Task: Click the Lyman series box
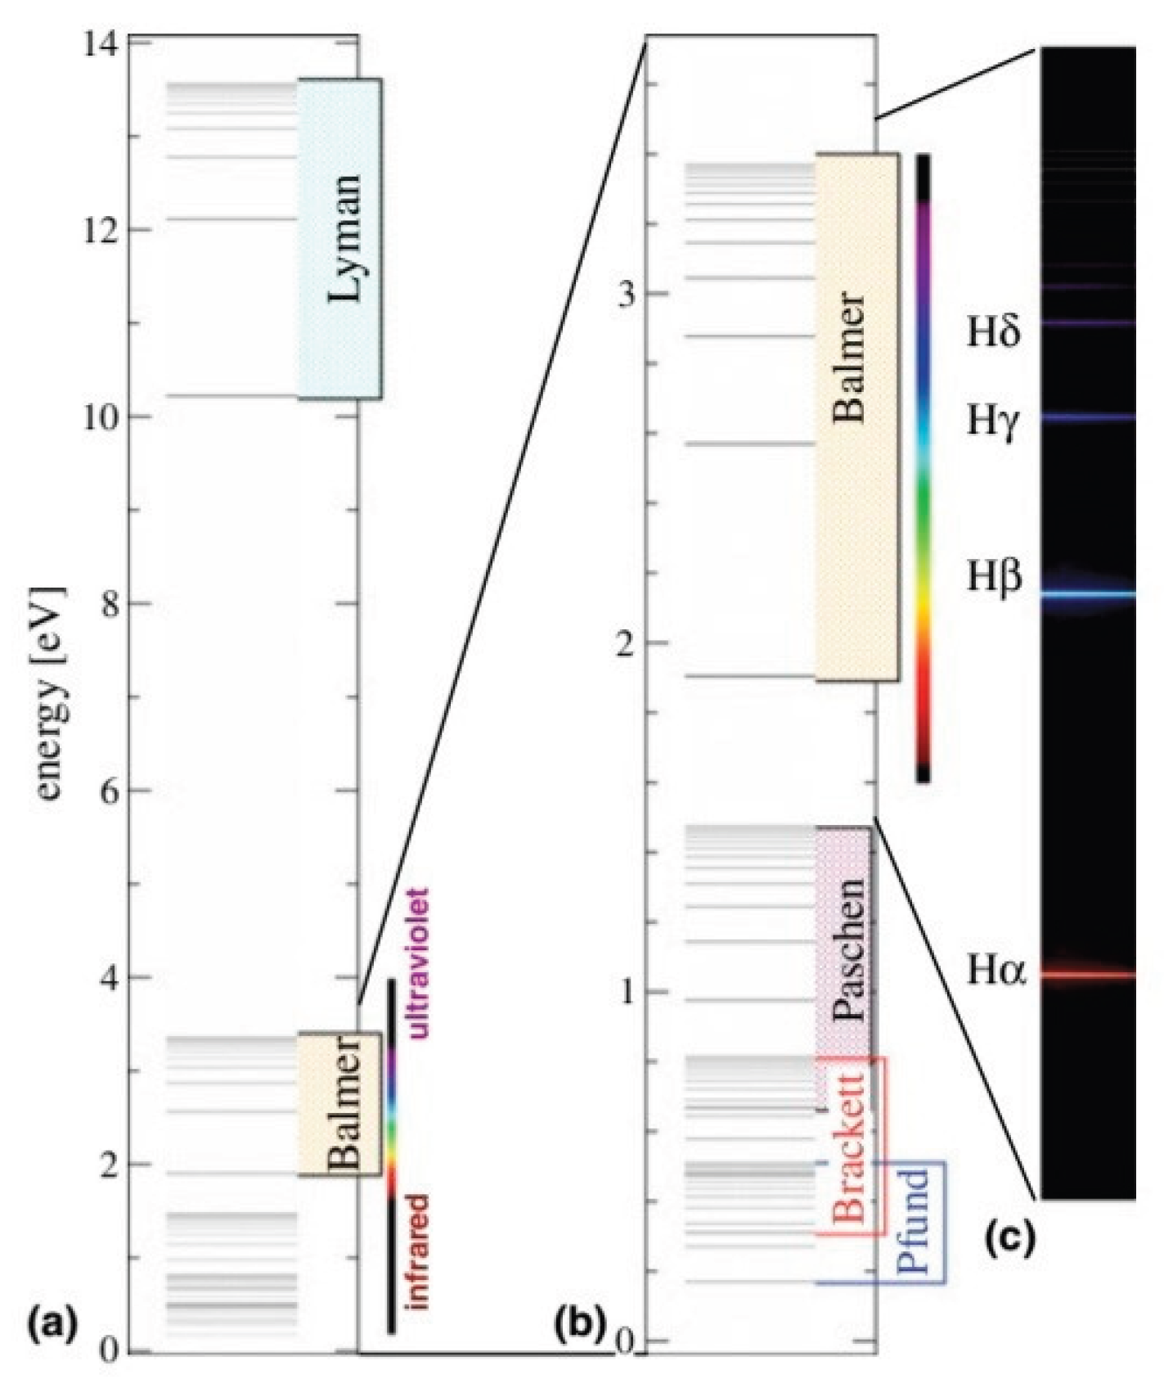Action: [x=339, y=239]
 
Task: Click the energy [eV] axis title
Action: [x=51, y=693]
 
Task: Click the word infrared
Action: [x=418, y=1252]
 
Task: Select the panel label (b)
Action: [x=580, y=1323]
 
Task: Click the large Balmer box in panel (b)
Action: [x=856, y=417]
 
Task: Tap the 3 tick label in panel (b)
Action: [x=627, y=294]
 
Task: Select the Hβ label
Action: [x=994, y=577]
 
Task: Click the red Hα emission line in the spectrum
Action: [x=1088, y=975]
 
